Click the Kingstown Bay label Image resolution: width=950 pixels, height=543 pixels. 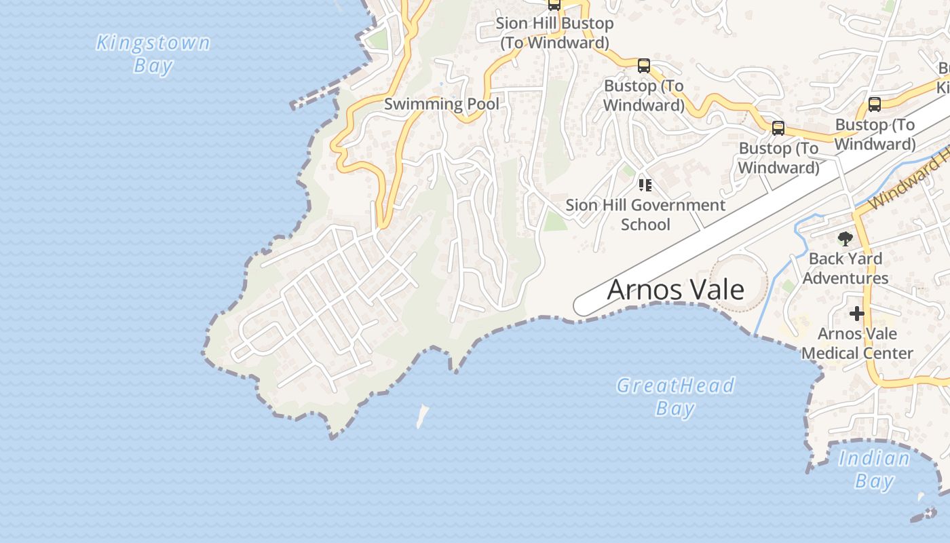[x=153, y=54]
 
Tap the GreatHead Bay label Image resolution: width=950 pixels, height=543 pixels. [x=675, y=397]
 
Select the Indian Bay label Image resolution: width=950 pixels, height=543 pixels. [x=874, y=470]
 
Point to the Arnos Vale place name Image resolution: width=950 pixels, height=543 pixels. [x=675, y=290]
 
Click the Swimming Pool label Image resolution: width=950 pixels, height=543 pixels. [x=441, y=105]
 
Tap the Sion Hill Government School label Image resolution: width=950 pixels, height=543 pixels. [x=645, y=214]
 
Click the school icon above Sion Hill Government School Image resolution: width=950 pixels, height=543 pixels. [x=645, y=185]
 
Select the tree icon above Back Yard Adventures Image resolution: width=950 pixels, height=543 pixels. [x=845, y=238]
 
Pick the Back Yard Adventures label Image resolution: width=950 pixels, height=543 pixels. [x=845, y=268]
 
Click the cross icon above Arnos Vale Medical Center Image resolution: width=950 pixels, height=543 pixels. [x=857, y=314]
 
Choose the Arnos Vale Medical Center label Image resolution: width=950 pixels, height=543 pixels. [x=857, y=343]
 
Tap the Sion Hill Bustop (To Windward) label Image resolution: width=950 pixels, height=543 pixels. [x=554, y=33]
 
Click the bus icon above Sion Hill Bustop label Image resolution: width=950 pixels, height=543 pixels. [x=554, y=5]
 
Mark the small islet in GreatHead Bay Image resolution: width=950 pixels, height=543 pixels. [x=422, y=415]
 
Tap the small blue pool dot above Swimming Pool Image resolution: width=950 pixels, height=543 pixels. [x=441, y=84]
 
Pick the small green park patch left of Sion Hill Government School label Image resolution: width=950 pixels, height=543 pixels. [x=555, y=221]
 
